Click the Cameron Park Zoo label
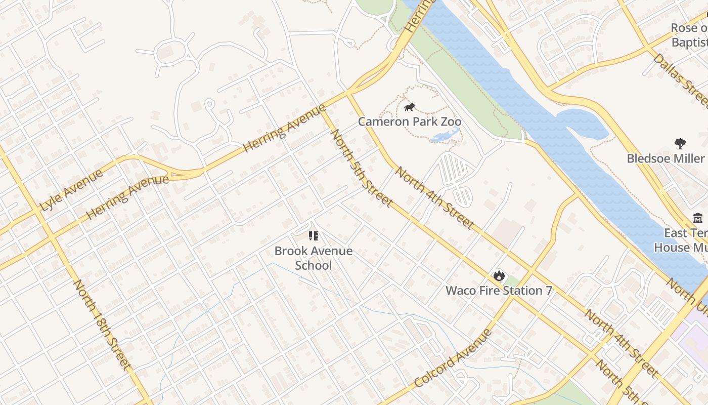coord(410,121)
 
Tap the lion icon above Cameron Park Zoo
coord(410,107)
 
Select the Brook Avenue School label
coord(314,258)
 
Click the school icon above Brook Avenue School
coord(313,235)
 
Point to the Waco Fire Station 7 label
coord(499,291)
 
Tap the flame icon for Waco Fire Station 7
coord(499,275)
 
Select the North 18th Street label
coord(102,325)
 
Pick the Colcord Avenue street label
coord(453,358)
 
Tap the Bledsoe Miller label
coord(666,158)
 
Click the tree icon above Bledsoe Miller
coord(680,144)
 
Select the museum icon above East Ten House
coord(698,218)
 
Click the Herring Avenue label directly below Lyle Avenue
coord(127,197)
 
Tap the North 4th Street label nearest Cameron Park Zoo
coord(434,197)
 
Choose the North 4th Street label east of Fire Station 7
coord(622,343)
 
